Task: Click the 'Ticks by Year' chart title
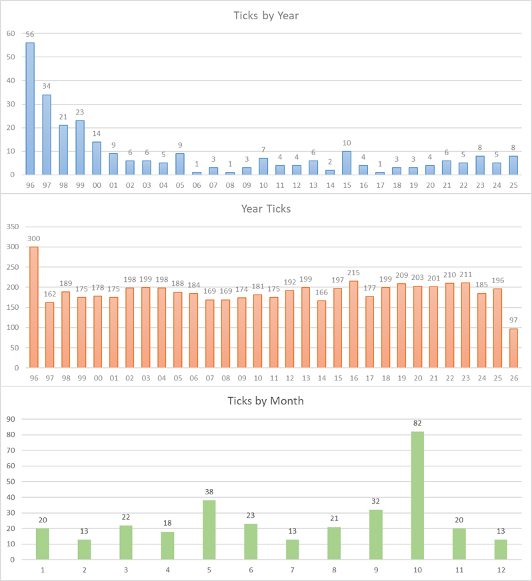click(x=266, y=15)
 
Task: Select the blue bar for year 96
click(x=30, y=109)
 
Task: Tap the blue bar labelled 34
click(x=47, y=135)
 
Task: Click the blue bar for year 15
click(x=347, y=163)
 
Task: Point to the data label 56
click(x=30, y=35)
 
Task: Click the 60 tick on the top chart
click(x=11, y=33)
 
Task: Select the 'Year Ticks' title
click(x=266, y=209)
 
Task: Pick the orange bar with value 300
click(x=33, y=307)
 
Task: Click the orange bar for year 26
click(x=513, y=348)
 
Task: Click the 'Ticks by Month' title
click(x=266, y=401)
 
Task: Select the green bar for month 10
click(x=417, y=495)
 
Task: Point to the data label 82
click(x=417, y=423)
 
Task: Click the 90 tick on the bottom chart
click(x=11, y=419)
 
